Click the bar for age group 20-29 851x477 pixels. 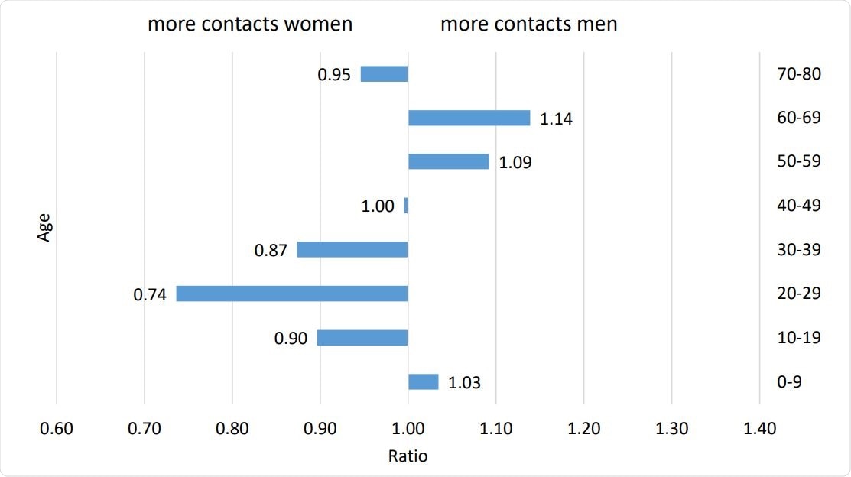[292, 294]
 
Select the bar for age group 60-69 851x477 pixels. [469, 118]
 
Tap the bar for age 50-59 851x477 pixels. [448, 161]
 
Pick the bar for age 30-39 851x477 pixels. [352, 250]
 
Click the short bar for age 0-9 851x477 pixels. [424, 381]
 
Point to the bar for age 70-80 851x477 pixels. [384, 74]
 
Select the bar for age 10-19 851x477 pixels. [362, 338]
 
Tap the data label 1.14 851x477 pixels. [556, 119]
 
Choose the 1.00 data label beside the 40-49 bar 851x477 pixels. [378, 206]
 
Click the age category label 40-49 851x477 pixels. [797, 205]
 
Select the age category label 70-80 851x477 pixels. [797, 73]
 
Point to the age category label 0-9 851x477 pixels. [789, 381]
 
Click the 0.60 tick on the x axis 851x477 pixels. [57, 430]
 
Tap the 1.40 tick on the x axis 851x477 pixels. [759, 430]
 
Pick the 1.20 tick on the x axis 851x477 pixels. [583, 430]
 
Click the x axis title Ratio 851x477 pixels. [408, 457]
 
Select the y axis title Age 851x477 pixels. [44, 227]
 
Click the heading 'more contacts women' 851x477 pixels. [250, 24]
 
